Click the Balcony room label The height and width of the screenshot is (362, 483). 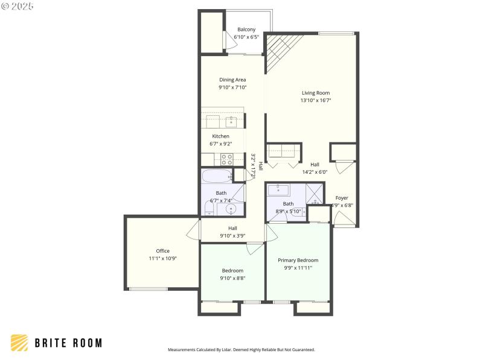pos(246,30)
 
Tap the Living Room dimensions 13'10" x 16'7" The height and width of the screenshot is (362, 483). pos(316,100)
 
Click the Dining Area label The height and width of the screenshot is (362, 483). pos(232,80)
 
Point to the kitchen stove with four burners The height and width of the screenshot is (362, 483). pos(227,159)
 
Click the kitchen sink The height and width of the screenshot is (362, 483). pos(231,122)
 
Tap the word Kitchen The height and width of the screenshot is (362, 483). pos(220,136)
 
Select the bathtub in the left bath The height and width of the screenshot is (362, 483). pos(217,176)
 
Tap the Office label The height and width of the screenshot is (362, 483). pos(162,251)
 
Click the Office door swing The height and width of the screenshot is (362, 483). pos(193,229)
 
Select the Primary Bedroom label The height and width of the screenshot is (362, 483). pos(298,260)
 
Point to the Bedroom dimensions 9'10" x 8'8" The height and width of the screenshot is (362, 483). pos(232,278)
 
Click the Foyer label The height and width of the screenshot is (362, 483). pos(342,198)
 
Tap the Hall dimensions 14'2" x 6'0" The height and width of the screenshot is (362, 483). pos(315,171)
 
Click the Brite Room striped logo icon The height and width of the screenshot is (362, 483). pos(19,343)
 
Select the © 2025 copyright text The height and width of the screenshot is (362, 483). pos(18,5)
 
